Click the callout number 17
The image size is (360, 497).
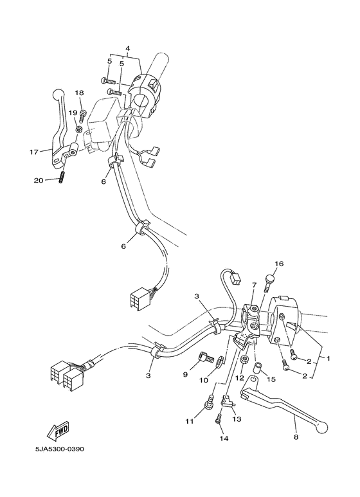(x=33, y=152)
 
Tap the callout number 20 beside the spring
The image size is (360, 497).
(x=39, y=181)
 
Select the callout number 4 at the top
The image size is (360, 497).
(x=127, y=49)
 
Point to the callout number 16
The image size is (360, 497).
(x=279, y=264)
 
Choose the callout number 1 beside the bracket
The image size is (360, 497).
(x=329, y=357)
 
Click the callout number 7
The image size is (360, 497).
(x=254, y=284)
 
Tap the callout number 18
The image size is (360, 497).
(x=79, y=94)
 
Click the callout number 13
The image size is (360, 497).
(x=237, y=419)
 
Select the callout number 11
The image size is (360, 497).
(x=189, y=421)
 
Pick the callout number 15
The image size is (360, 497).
(x=271, y=379)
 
